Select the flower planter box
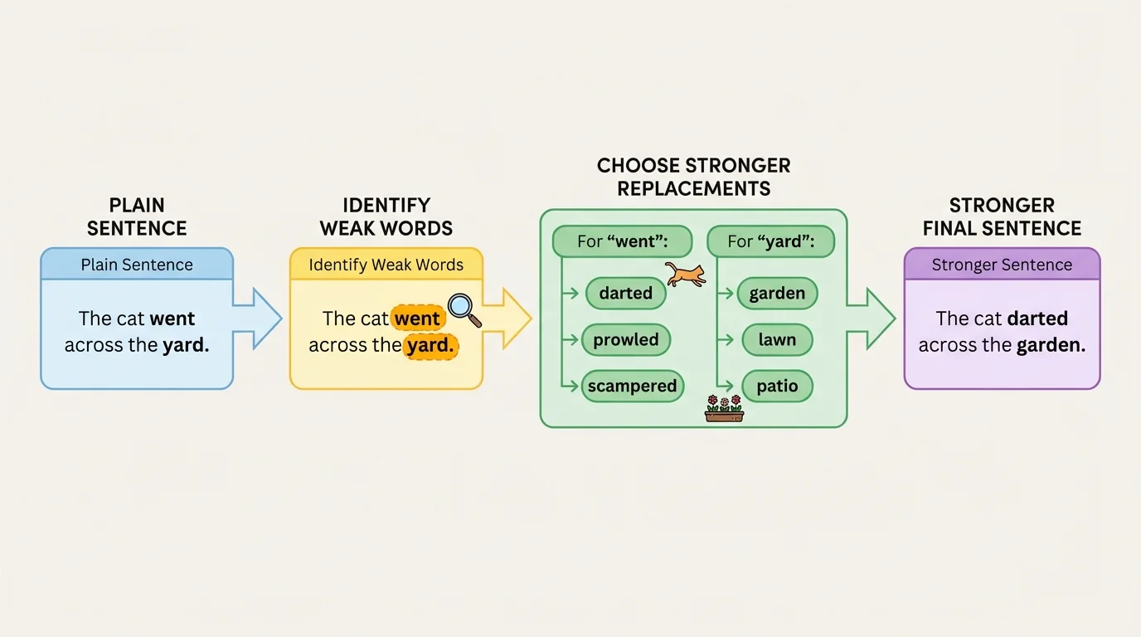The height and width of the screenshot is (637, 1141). pos(724,410)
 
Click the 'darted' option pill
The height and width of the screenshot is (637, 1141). pos(626,293)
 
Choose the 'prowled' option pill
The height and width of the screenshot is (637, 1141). pos(626,339)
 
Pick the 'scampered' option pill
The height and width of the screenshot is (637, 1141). pos(632,386)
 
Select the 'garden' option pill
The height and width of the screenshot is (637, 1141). pos(777,293)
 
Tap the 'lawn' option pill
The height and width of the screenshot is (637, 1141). pos(777,339)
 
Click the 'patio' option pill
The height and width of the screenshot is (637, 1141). pos(777,386)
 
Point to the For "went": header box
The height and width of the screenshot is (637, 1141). pos(622,242)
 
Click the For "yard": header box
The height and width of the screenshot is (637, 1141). pos(770,242)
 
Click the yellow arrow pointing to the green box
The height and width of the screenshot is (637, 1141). pos(507,318)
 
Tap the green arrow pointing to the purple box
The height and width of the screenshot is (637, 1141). pos(872,318)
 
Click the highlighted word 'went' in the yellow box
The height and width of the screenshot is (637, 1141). pos(418,318)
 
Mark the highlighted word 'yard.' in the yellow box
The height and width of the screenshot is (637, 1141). pos(430,346)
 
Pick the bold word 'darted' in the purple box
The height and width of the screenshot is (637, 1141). pos(1037,318)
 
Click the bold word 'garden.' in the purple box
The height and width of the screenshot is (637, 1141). pos(1050,346)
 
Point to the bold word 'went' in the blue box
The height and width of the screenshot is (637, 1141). pos(172,318)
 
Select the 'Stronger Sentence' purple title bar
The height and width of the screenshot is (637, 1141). pos(1002,265)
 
